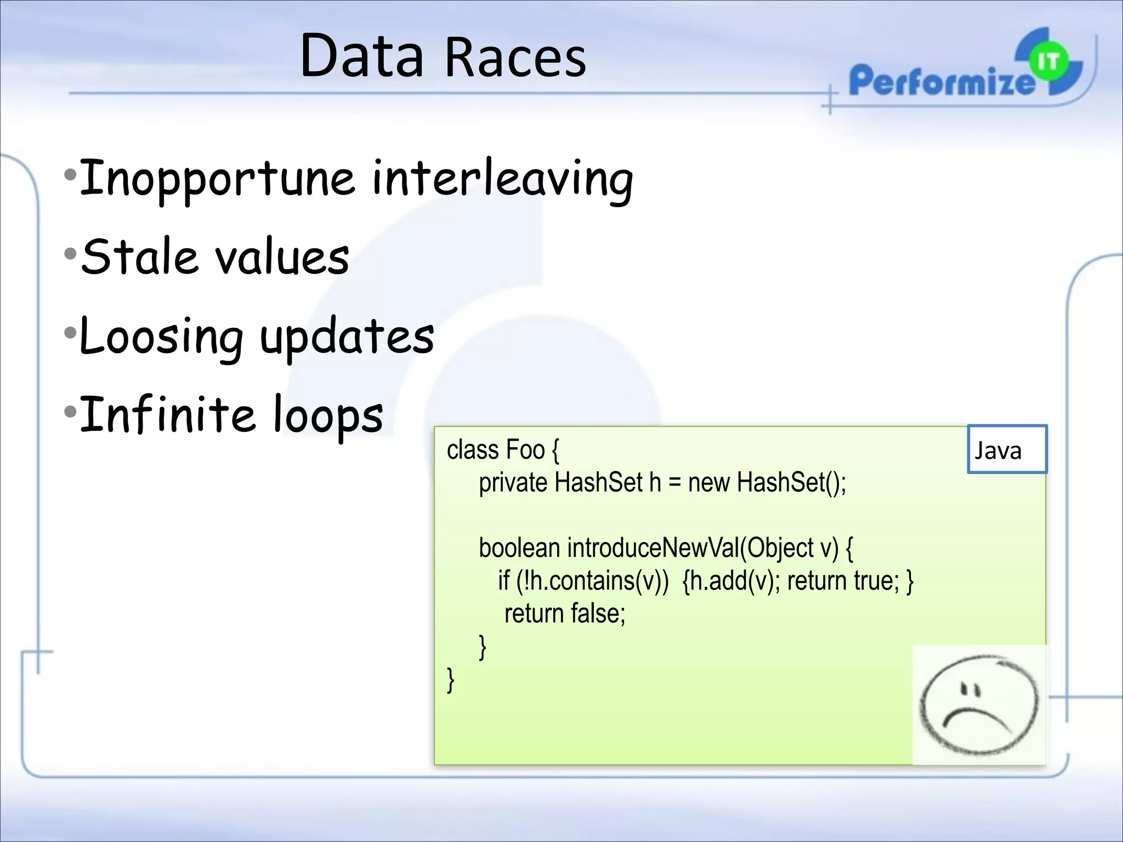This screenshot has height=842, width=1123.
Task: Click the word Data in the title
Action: (362, 56)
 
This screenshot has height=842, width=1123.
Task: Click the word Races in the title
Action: (515, 58)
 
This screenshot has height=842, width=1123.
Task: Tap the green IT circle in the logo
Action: (1048, 62)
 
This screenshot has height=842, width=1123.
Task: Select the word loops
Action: (328, 416)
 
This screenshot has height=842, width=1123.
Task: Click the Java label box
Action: (1007, 449)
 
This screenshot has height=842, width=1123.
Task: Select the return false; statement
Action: (565, 613)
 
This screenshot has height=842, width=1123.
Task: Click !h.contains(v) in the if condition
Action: (592, 581)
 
